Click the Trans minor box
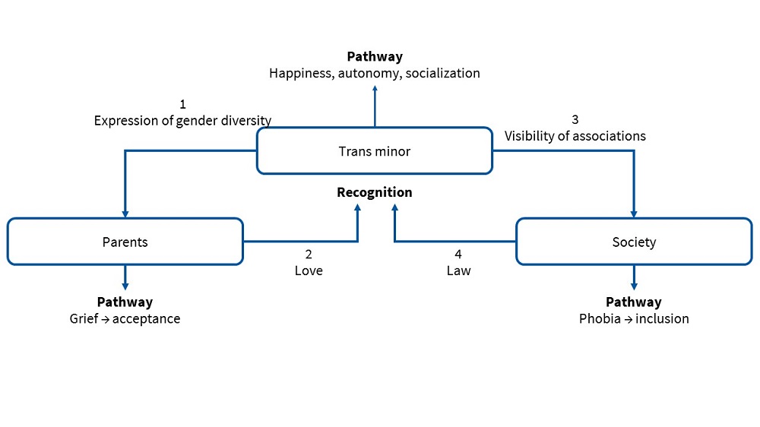374,151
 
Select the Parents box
125,242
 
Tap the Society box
634,242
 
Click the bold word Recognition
374,192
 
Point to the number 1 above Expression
182,104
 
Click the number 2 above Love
309,255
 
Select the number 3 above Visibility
575,119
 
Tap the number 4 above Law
458,255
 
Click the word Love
309,270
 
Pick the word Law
458,270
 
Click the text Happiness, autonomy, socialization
374,74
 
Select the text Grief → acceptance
125,318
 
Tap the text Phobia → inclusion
634,318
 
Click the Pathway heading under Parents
125,302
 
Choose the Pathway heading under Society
634,302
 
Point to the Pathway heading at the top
374,57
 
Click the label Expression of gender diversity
182,120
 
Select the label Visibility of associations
575,136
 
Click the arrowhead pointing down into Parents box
125,214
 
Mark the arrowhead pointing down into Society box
634,214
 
